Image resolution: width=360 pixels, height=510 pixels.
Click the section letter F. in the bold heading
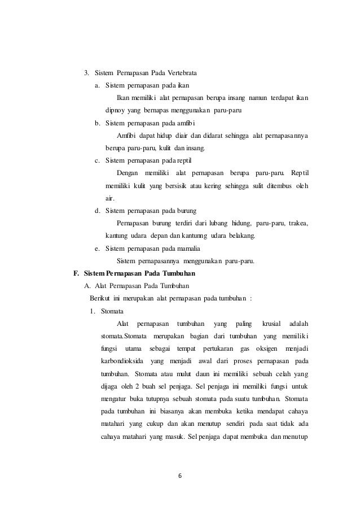77,273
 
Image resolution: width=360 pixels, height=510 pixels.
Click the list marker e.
98,248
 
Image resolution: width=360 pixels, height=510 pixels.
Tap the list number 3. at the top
87,73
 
